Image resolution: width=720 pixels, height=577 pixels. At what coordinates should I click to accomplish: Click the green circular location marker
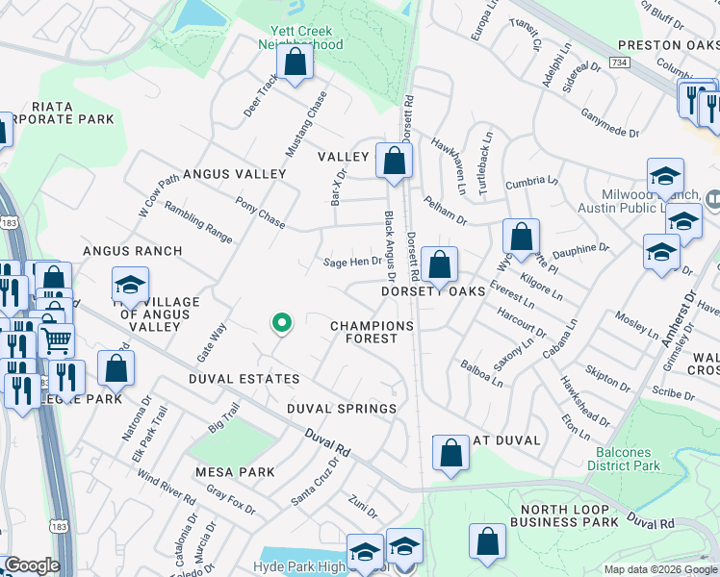281,324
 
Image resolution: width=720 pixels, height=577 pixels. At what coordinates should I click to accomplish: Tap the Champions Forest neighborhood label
372,332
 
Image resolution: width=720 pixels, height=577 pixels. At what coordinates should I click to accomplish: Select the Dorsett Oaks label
431,291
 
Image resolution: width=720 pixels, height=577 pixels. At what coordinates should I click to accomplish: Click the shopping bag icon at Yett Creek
296,64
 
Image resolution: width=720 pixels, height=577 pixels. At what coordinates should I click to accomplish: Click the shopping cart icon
57,339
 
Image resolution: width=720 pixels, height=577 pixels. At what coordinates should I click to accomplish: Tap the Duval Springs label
342,409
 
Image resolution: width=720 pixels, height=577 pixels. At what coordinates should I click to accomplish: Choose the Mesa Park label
235,472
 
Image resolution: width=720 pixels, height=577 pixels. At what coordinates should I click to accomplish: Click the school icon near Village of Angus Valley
131,286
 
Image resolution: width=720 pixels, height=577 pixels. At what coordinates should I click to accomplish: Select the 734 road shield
620,62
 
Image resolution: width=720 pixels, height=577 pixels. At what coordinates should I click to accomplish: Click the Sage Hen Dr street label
353,263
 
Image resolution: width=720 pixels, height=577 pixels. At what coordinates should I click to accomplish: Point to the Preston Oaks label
667,45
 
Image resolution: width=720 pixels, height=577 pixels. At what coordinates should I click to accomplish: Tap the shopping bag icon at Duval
450,456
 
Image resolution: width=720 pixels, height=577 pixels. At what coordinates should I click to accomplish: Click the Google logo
31,565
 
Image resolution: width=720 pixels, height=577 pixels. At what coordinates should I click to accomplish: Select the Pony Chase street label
260,213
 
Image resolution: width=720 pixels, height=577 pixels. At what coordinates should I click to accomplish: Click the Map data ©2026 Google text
661,569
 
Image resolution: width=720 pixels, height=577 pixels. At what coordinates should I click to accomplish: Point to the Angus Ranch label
132,251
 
